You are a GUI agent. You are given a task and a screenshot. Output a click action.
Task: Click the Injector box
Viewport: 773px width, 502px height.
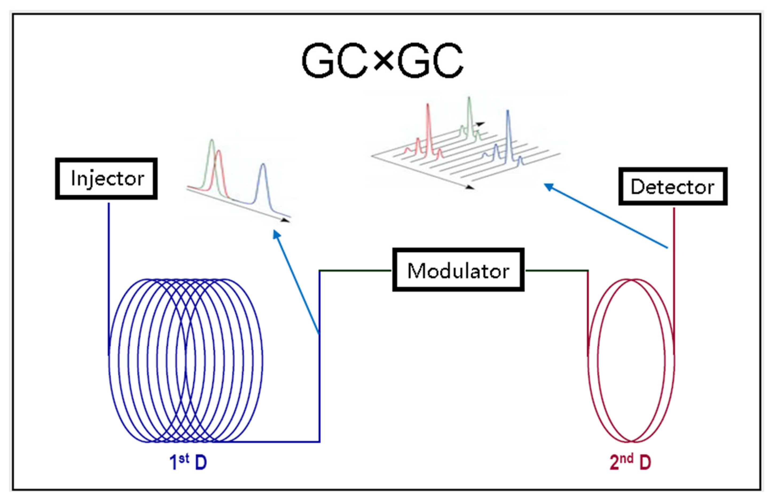coord(106,178)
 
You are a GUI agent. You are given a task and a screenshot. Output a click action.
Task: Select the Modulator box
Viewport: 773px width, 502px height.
coord(458,270)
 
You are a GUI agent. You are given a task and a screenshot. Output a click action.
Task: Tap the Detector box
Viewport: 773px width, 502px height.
coord(673,187)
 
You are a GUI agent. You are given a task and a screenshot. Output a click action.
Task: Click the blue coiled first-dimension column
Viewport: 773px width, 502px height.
coord(185,360)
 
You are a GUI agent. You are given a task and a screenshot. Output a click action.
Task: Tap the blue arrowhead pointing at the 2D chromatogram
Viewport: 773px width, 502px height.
coord(548,187)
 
